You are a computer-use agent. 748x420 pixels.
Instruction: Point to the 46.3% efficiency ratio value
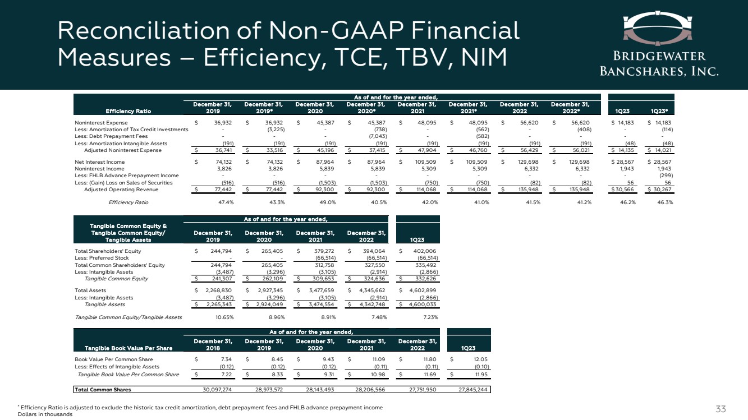665,202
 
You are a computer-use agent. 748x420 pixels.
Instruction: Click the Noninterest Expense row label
101,122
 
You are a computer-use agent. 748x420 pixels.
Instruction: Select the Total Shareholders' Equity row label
108,251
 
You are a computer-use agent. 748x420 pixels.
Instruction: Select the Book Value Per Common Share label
113,359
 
